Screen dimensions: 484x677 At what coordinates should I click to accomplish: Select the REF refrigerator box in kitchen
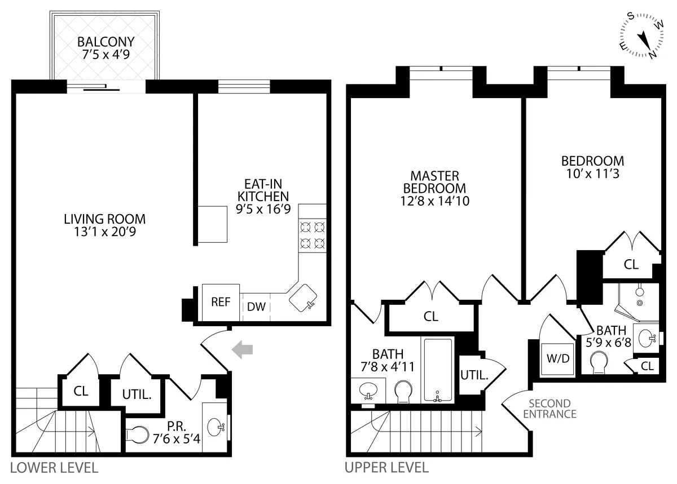(221, 302)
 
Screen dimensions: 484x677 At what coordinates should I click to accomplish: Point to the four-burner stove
(313, 236)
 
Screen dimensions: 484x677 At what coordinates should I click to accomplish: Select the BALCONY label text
(106, 42)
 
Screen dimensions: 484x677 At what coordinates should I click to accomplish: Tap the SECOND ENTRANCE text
(549, 409)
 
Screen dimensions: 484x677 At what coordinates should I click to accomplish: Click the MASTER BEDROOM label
(434, 182)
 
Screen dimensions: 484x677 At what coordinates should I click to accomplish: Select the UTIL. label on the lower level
(137, 394)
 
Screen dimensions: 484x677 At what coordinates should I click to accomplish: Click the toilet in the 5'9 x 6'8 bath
(599, 362)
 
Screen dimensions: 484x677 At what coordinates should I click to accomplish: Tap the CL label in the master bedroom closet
(431, 317)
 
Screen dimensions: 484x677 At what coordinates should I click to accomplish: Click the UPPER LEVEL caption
(386, 468)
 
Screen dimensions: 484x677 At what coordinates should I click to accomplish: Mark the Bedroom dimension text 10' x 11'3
(592, 174)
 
